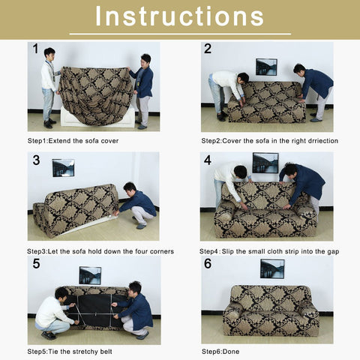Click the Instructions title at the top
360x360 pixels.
(179, 16)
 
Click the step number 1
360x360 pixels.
(35, 49)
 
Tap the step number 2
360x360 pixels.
(208, 49)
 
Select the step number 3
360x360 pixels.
(35, 160)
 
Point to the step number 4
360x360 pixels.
(208, 160)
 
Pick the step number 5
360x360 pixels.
(35, 264)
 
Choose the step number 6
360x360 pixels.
(208, 264)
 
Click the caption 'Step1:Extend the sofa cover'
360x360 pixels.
(73, 140)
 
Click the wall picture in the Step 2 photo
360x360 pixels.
(265, 67)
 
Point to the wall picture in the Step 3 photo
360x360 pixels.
(63, 167)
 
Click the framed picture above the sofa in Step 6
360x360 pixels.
(271, 268)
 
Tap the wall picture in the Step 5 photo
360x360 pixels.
(90, 275)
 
